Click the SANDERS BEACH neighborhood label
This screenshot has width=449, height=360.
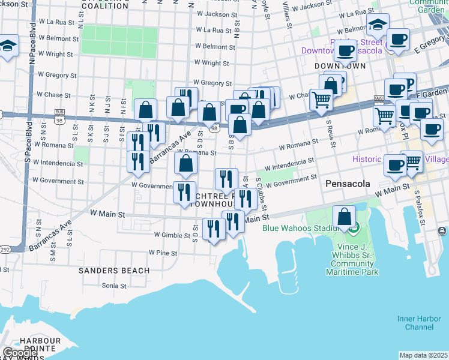tap(114, 271)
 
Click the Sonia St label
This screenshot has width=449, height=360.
tap(113, 286)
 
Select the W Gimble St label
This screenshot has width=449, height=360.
tap(172, 235)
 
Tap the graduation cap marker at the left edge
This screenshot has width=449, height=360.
tap(7, 46)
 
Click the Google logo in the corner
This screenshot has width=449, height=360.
tap(19, 353)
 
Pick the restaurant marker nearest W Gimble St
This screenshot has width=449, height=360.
tap(213, 229)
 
